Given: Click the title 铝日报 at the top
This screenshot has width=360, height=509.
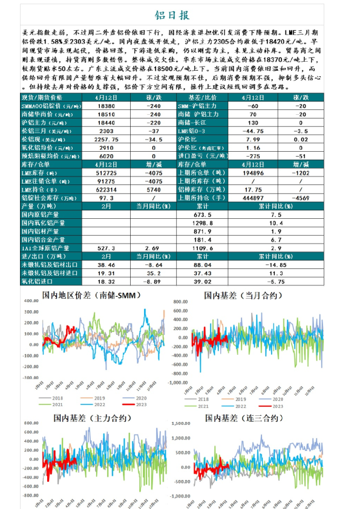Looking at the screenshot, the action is pyautogui.click(x=180, y=15).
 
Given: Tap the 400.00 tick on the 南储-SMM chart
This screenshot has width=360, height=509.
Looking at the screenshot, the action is pyautogui.click(x=30, y=302).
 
